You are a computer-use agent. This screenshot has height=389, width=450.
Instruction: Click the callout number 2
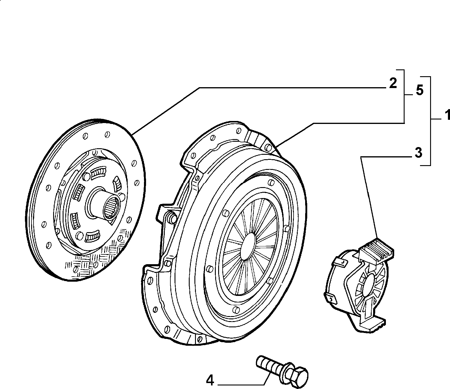[393, 83]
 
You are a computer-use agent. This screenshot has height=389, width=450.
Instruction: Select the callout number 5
[419, 90]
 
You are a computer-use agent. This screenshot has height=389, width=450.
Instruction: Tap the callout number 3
[418, 153]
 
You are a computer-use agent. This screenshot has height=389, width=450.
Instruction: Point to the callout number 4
[210, 381]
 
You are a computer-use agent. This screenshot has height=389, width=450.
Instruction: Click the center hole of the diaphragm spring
[248, 246]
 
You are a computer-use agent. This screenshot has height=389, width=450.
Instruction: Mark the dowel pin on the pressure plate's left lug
[173, 218]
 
